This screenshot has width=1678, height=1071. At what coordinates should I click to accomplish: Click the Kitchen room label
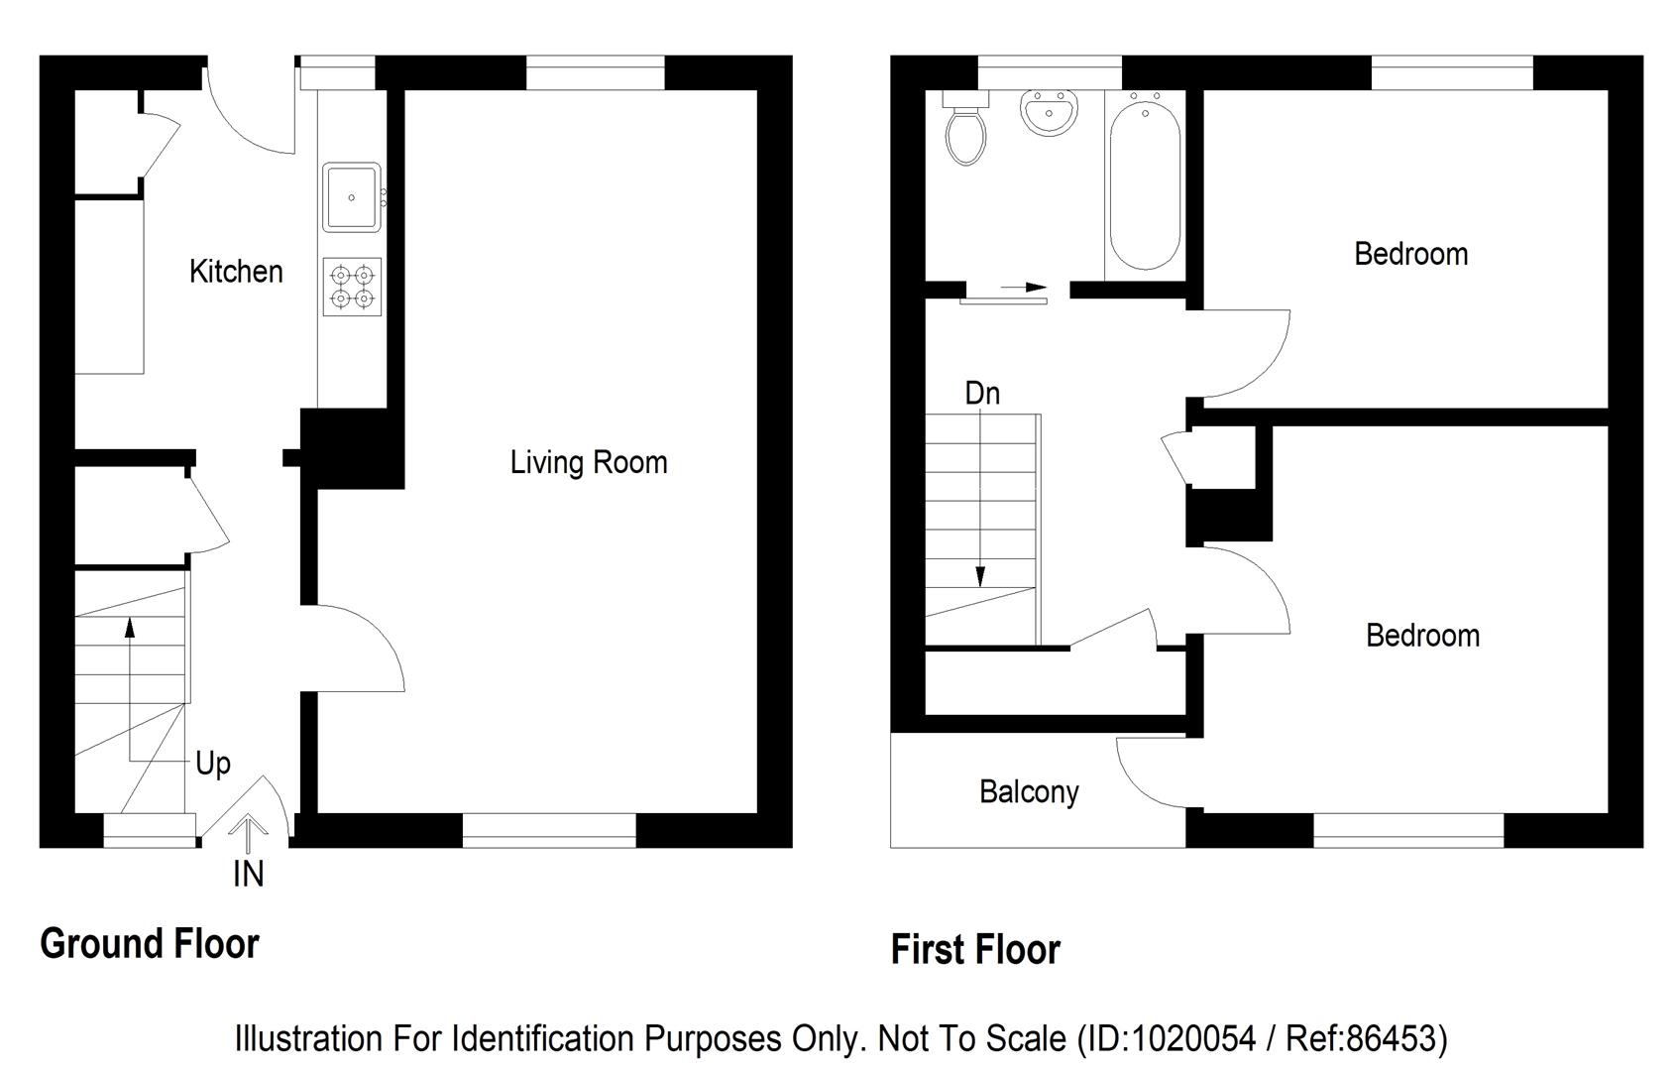pos(236,272)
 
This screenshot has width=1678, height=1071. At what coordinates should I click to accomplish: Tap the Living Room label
pos(589,462)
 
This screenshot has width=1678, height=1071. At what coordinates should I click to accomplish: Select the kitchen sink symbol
pos(352,197)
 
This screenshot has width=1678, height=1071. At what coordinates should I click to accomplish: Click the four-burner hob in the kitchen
pos(352,287)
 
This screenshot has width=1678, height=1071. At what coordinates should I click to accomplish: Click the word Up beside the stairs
pos(213,764)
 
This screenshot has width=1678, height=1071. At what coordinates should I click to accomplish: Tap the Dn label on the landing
pos(982,394)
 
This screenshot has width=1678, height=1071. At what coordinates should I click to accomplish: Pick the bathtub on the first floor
pos(1145,183)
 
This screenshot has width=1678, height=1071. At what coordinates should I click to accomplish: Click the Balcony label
pos(1029,792)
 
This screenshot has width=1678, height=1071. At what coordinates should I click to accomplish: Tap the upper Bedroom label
pos(1410,254)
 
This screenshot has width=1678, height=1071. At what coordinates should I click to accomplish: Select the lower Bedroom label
pos(1422,636)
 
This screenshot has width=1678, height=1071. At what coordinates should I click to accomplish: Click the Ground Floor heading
pos(150,944)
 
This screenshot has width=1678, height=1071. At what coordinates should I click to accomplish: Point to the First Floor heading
pos(975,950)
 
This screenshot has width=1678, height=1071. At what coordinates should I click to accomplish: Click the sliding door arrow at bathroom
pos(1024,288)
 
